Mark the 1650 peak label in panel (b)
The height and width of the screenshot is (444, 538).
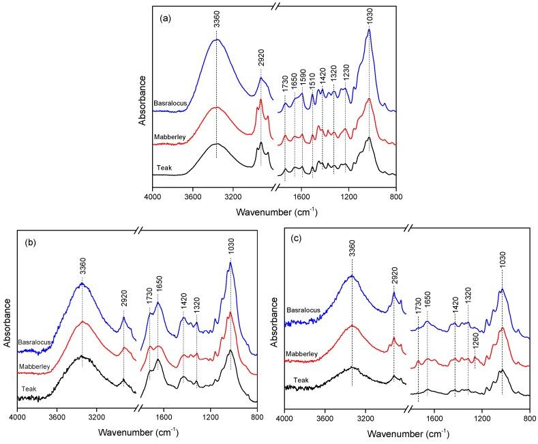pyautogui.click(x=158, y=288)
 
